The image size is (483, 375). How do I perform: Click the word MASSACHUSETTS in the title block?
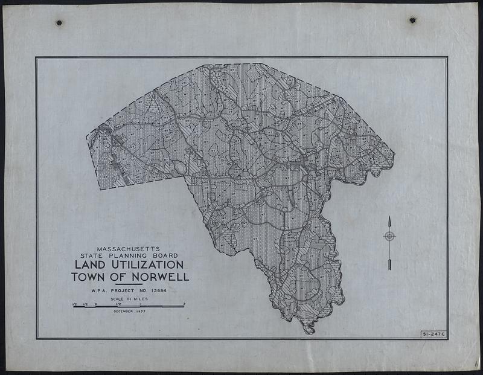click(x=129, y=248)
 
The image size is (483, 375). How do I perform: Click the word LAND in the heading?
click(x=91, y=265)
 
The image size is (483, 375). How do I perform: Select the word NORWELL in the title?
click(x=160, y=277)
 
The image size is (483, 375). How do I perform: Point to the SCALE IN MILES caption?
click(x=128, y=299)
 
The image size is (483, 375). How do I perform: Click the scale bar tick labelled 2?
click(x=184, y=303)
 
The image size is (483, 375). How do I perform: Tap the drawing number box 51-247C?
click(x=432, y=333)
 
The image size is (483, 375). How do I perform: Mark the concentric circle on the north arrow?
click(x=389, y=236)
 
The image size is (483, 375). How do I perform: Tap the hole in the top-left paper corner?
click(x=59, y=23)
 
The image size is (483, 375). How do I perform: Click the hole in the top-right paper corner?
click(x=413, y=21)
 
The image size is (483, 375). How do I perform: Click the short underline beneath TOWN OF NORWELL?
click(x=128, y=284)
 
